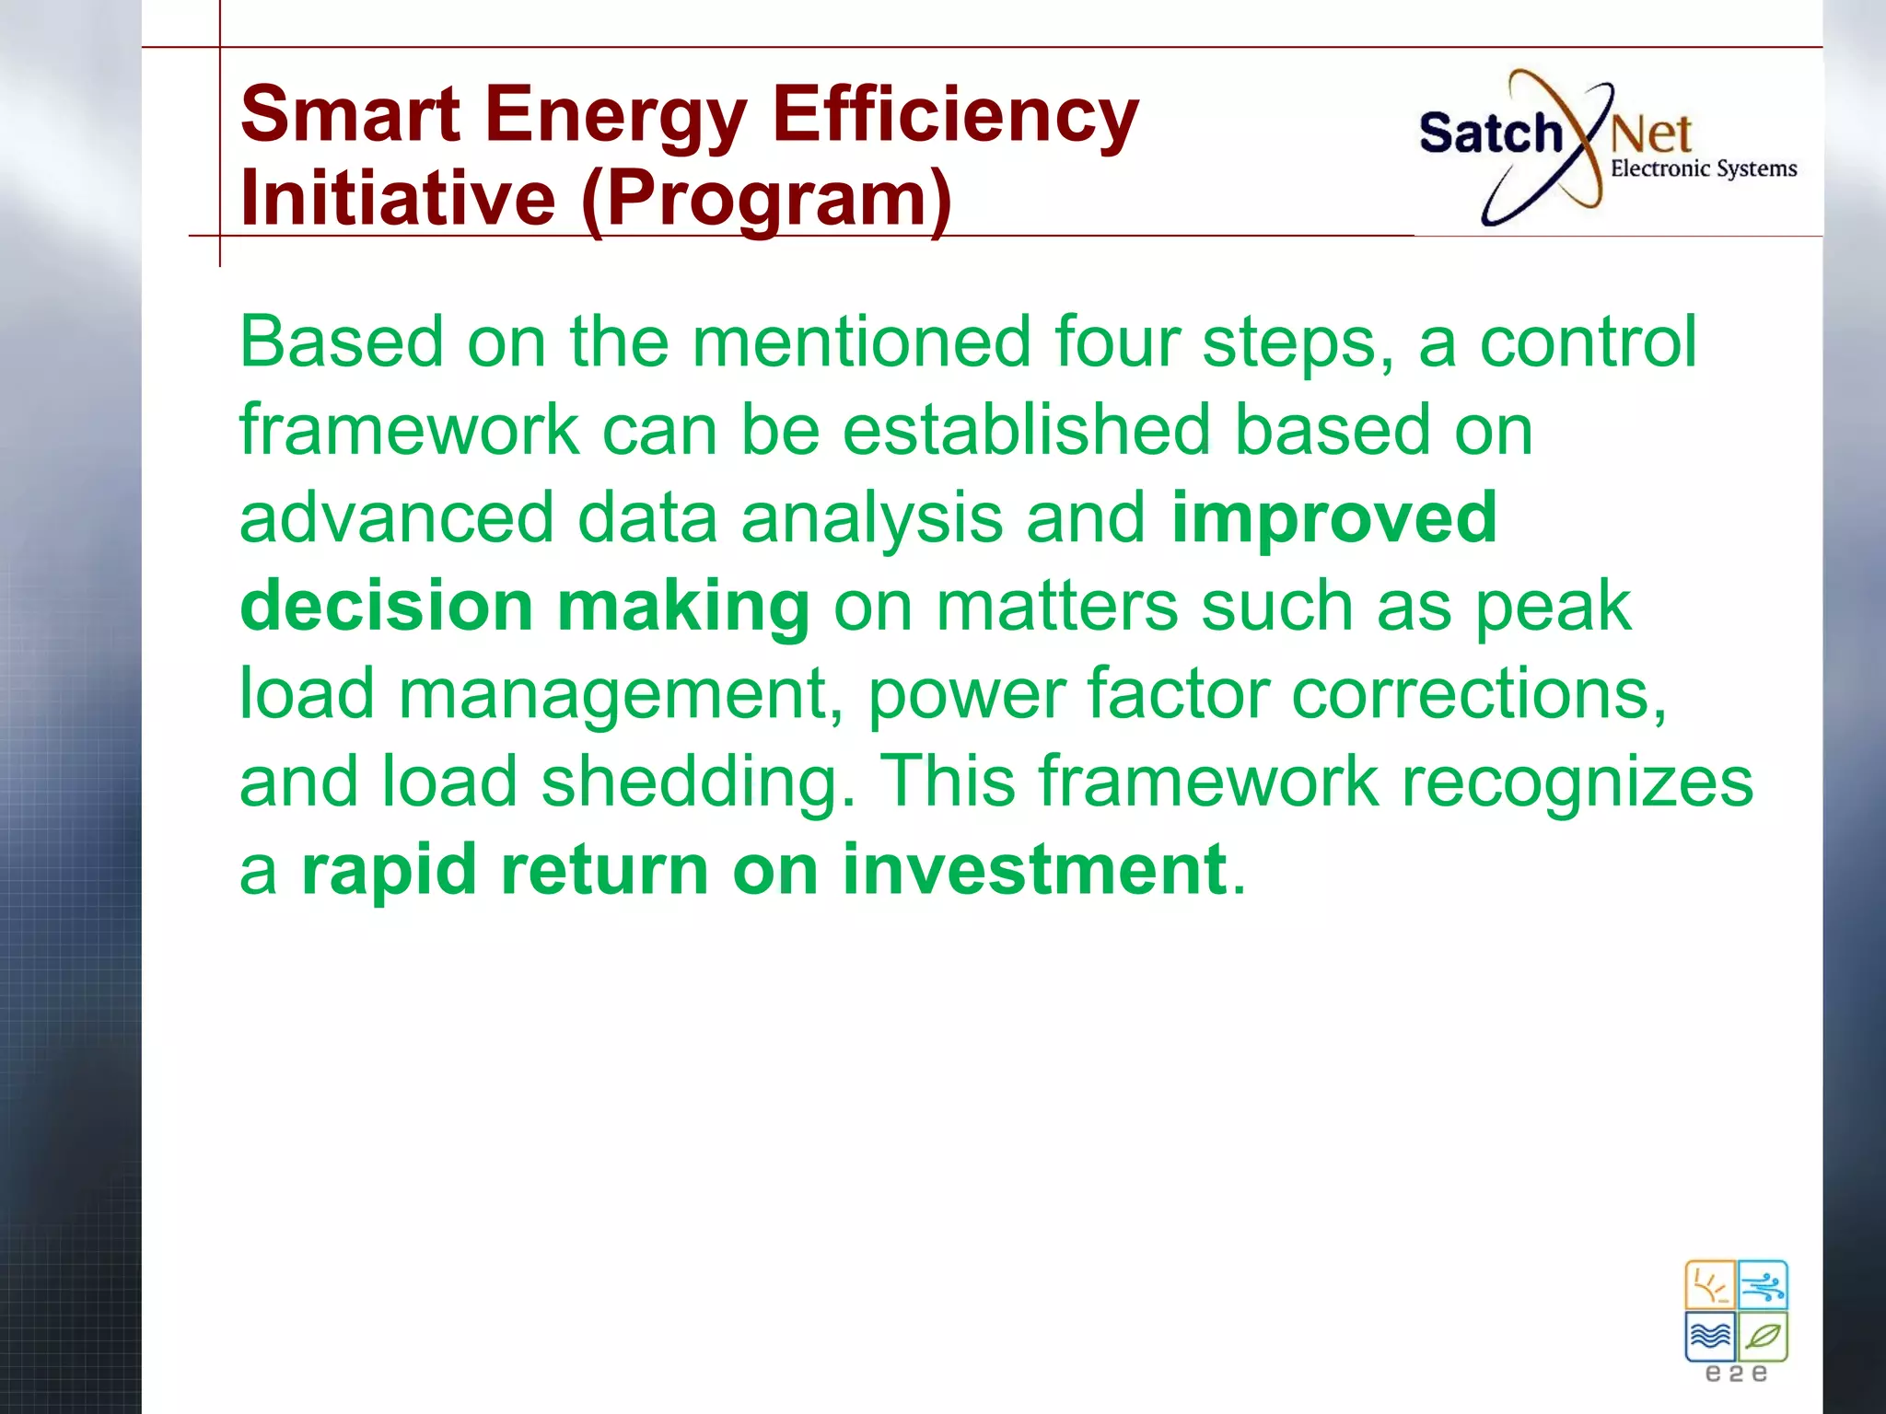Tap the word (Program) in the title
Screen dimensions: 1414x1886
766,199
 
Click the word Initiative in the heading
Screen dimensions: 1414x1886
398,199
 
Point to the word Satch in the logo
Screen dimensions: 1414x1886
1490,133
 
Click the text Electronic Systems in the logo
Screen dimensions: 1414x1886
1703,168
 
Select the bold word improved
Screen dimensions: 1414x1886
1333,518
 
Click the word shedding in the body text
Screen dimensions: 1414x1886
697,782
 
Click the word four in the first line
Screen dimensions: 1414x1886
1116,342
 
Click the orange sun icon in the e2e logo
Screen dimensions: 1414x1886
1710,1285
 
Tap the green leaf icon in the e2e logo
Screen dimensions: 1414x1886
1763,1336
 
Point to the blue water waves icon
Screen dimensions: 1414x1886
1710,1336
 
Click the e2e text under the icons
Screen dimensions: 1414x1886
1736,1374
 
